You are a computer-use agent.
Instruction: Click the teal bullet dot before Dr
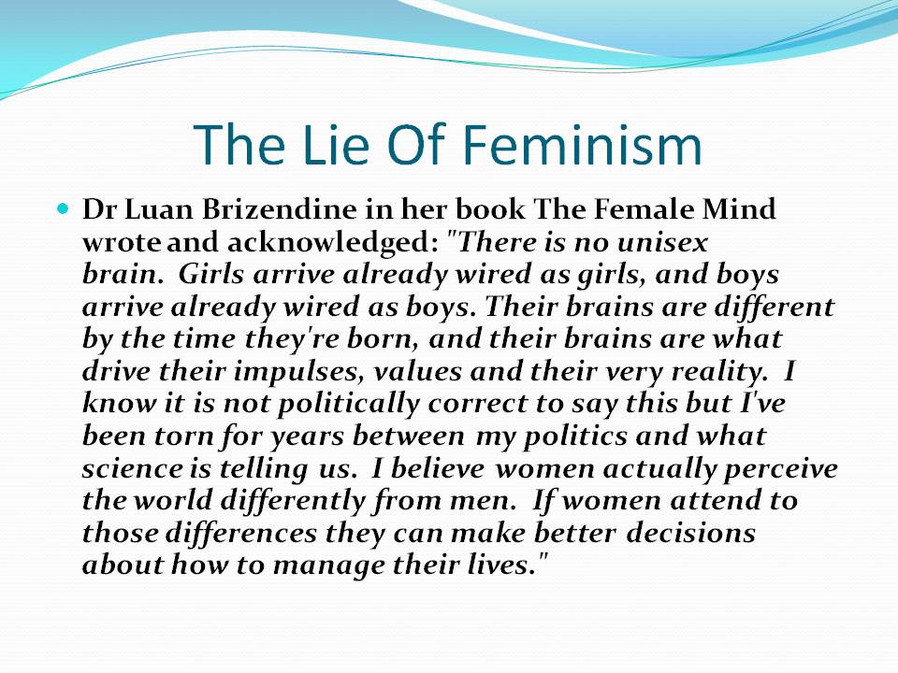click(63, 208)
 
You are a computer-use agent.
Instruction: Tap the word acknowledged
click(329, 243)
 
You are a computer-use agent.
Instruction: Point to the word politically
click(349, 404)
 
